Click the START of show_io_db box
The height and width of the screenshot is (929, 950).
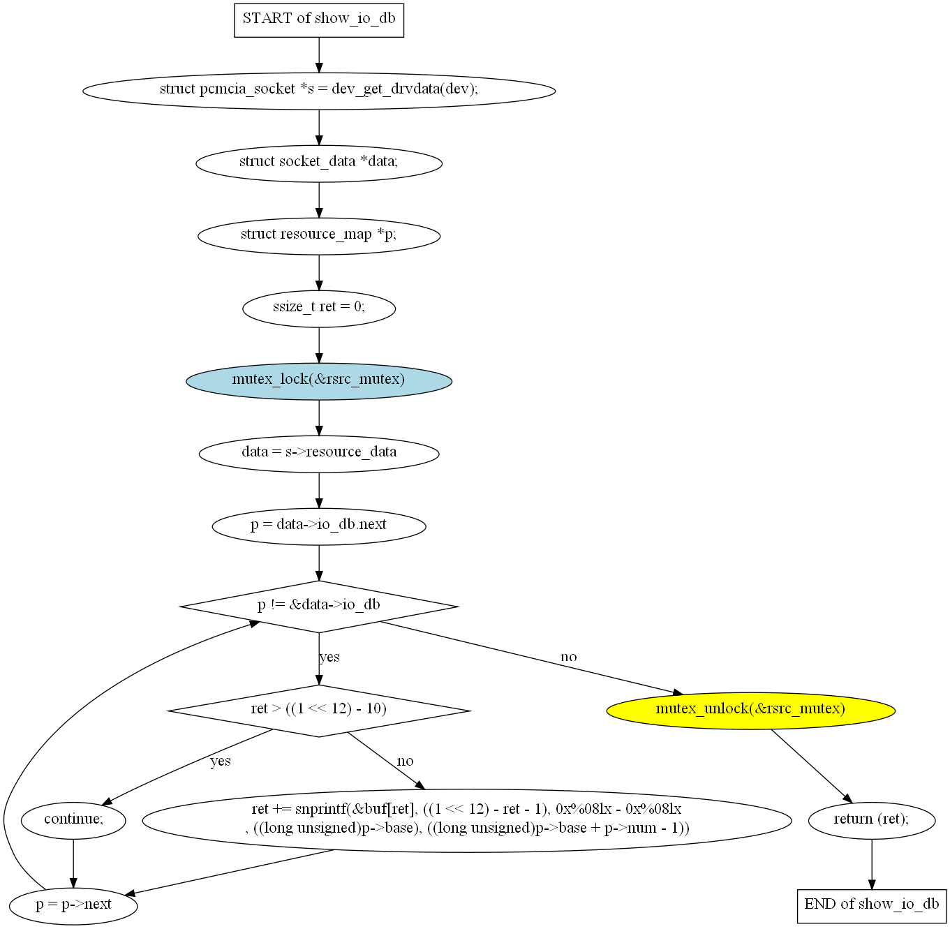tap(319, 19)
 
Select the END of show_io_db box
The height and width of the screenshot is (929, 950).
tap(871, 905)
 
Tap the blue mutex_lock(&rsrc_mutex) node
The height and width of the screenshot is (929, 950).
tap(319, 380)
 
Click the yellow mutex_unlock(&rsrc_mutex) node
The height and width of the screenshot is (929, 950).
tap(750, 710)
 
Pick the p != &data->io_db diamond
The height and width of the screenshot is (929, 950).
tap(319, 606)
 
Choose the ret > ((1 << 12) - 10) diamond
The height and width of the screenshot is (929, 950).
tap(319, 710)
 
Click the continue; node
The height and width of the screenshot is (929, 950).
tap(73, 820)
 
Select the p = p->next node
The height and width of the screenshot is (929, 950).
tap(73, 905)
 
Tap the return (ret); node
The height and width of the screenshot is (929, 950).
tap(871, 820)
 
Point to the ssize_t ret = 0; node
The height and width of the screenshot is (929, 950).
tap(319, 308)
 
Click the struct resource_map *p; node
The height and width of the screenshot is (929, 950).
tap(319, 235)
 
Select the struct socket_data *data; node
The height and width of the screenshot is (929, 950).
tap(319, 163)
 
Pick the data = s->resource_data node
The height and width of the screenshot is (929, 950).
tap(319, 453)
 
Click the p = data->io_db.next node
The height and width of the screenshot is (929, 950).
tap(319, 526)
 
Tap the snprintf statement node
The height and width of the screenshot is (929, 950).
tap(466, 820)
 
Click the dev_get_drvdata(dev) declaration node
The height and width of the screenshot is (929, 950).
tap(319, 90)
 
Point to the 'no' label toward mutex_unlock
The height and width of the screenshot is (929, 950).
tap(568, 657)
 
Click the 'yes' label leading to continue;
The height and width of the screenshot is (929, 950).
tap(221, 761)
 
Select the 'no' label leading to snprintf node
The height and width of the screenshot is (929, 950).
tap(405, 761)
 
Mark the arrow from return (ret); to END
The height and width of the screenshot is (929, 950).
tap(871, 864)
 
